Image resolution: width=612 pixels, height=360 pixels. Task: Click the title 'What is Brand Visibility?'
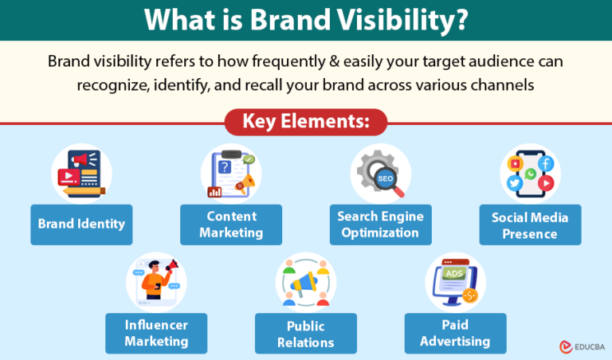point(306,21)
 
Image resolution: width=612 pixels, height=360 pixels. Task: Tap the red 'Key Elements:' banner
point(306,122)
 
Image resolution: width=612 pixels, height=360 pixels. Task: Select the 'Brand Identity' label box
point(81,224)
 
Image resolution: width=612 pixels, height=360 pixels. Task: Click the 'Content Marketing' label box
point(231,225)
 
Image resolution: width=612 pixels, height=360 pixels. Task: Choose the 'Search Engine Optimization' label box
point(380,225)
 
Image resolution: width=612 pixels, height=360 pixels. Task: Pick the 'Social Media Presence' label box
point(530,225)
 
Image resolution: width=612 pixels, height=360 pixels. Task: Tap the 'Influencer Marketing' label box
point(156,333)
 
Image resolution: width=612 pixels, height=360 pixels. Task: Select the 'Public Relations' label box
point(306,333)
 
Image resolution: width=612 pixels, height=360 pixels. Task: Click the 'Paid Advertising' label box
point(455,333)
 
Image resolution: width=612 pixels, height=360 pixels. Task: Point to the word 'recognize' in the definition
point(112,84)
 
